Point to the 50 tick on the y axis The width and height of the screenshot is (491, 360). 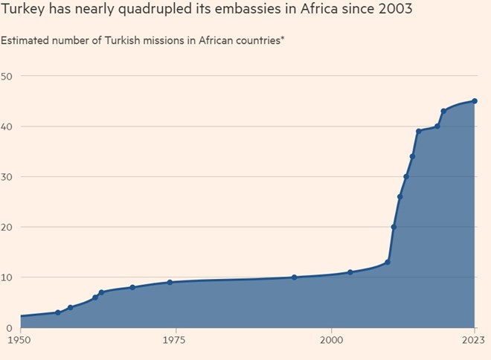click(x=7, y=76)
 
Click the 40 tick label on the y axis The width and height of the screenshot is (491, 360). click(x=7, y=126)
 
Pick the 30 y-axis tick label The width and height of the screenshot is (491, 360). click(x=7, y=177)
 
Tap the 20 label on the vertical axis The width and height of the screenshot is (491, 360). click(x=7, y=227)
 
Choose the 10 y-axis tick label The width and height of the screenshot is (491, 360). click(x=7, y=277)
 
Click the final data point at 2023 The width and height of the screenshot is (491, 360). click(x=475, y=101)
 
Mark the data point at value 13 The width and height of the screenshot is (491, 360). click(x=388, y=262)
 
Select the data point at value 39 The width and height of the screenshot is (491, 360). click(x=418, y=131)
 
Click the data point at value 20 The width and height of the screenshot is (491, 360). click(x=394, y=227)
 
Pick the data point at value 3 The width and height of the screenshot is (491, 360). click(x=57, y=312)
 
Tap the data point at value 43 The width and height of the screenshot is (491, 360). click(x=443, y=111)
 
